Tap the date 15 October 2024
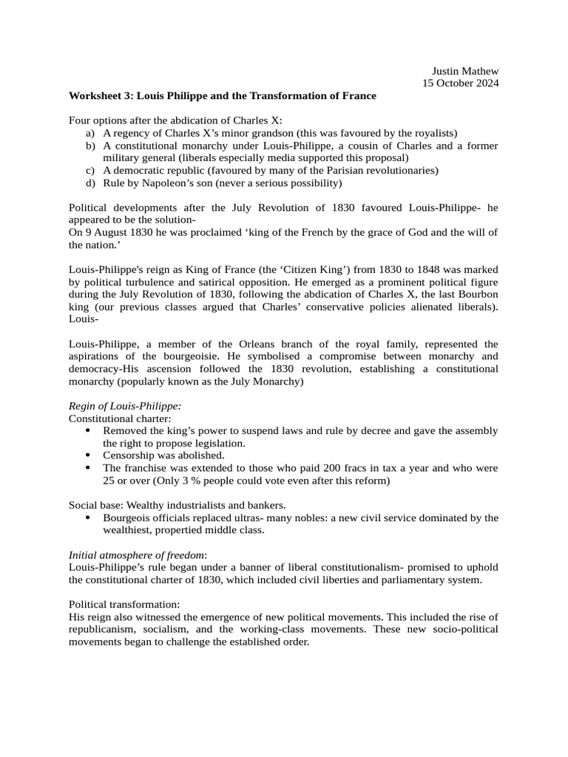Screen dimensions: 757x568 tap(460, 84)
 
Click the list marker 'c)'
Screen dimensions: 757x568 tap(89, 171)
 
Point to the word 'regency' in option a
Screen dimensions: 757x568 tap(129, 133)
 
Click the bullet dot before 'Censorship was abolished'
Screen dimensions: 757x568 tap(89, 455)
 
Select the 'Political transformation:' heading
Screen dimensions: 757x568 tap(119, 605)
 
